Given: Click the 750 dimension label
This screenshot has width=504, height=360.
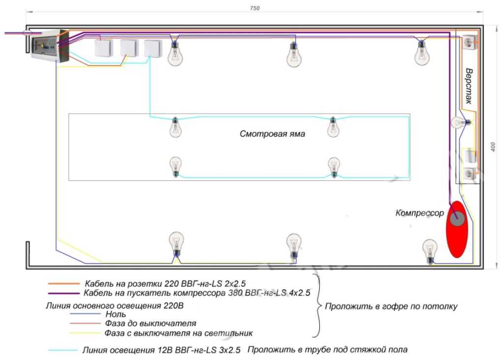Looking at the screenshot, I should pyautogui.click(x=255, y=8).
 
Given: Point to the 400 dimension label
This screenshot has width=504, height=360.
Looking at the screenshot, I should pyautogui.click(x=493, y=147).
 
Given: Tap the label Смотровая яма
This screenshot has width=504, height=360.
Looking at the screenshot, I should pyautogui.click(x=272, y=134).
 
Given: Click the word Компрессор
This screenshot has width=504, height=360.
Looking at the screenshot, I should pyautogui.click(x=419, y=213).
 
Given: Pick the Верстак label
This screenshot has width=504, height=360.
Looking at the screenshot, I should pyautogui.click(x=469, y=86).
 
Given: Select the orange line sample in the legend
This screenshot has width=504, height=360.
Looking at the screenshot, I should pyautogui.click(x=63, y=284).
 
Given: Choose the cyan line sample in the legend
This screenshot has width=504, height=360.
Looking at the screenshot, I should pyautogui.click(x=63, y=351).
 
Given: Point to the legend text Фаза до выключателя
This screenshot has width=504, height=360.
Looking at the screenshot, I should pyautogui.click(x=150, y=324).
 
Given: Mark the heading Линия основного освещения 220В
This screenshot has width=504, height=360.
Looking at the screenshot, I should pyautogui.click(x=114, y=305).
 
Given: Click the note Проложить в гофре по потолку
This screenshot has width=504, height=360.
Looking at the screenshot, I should pyautogui.click(x=391, y=306).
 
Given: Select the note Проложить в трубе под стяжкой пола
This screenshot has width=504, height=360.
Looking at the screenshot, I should pyautogui.click(x=327, y=350).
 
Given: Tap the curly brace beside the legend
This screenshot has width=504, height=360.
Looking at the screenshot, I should pyautogui.click(x=317, y=306).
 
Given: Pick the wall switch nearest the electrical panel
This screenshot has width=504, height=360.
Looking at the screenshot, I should pyautogui.click(x=103, y=48).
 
